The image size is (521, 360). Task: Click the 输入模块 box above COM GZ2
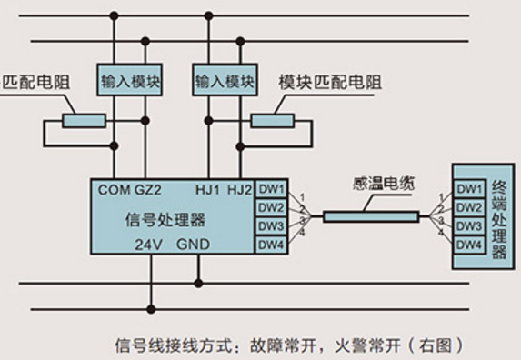click(x=131, y=81)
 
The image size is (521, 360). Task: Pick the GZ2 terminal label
click(x=149, y=189)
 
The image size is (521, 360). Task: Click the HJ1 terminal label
click(x=208, y=189)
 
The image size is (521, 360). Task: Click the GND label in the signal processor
click(x=193, y=245)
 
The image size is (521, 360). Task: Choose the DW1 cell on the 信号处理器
click(x=271, y=189)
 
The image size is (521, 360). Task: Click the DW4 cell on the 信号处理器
click(x=271, y=245)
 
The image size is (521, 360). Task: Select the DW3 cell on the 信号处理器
click(x=271, y=226)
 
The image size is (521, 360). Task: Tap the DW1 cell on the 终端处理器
click(x=469, y=189)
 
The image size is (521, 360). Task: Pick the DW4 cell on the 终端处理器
click(x=469, y=245)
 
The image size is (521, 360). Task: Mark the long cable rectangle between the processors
click(x=370, y=217)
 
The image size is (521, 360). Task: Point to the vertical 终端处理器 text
click(x=499, y=218)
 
